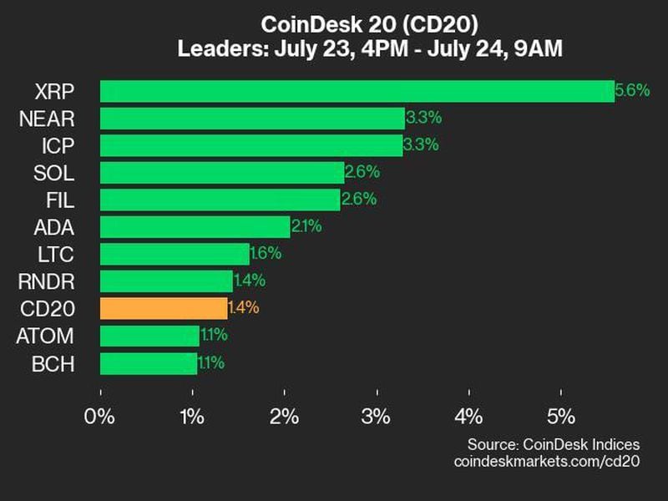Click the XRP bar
coord(357,91)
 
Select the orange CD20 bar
coord(164,308)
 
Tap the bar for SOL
coord(222,173)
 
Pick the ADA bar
coord(195,226)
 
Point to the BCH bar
coord(149,363)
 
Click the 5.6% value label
coord(632,91)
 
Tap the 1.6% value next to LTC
coord(266,253)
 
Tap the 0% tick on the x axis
coord(101,416)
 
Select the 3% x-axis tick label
coord(377,416)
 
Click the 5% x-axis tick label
coord(561,416)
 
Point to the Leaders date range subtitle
coord(370,49)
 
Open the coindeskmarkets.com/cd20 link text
coord(546,461)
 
